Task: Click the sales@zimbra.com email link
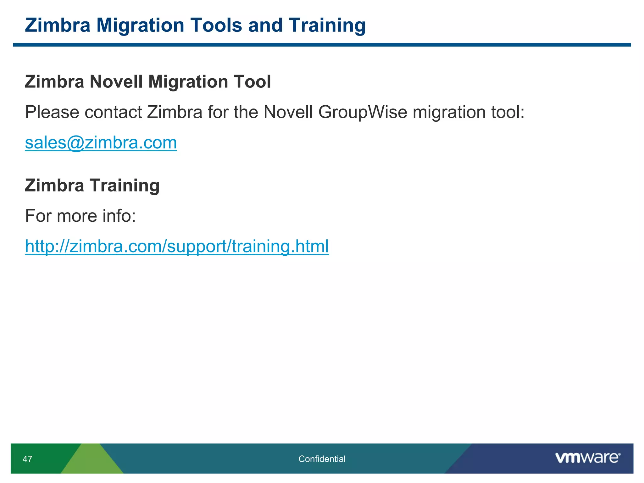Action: (x=101, y=143)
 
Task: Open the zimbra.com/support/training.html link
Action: (x=177, y=246)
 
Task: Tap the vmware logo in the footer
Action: (x=587, y=458)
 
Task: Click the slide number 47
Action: (x=27, y=459)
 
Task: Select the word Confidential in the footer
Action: (x=322, y=459)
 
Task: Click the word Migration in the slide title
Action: (x=140, y=25)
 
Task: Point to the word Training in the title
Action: (x=327, y=25)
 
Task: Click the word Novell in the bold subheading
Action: (x=116, y=82)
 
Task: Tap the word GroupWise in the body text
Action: (x=363, y=112)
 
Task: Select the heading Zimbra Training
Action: (x=92, y=185)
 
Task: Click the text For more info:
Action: (x=80, y=216)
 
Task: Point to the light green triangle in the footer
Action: (x=92, y=461)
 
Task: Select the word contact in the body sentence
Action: (x=113, y=112)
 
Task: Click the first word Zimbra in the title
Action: (x=58, y=25)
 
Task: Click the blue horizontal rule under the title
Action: (x=322, y=45)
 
